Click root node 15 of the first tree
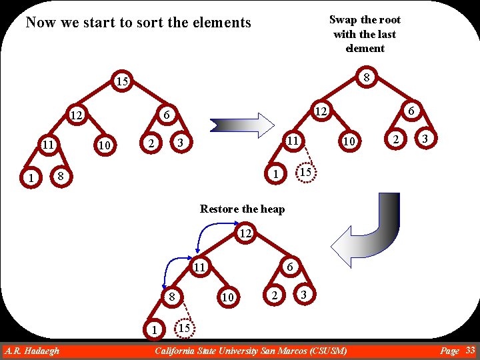click(x=120, y=82)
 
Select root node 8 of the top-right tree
click(x=366, y=78)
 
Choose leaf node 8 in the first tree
click(x=61, y=176)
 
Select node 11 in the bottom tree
click(x=199, y=267)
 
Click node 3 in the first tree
click(x=179, y=144)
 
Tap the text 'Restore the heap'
click(x=242, y=209)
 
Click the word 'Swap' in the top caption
click(x=343, y=19)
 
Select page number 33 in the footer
click(x=470, y=350)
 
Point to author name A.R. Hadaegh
click(x=31, y=351)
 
